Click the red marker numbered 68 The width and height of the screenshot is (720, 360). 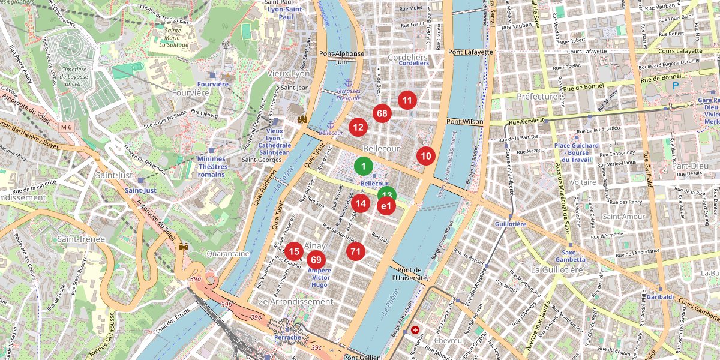(x=382, y=113)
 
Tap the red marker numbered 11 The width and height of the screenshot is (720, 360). (x=407, y=100)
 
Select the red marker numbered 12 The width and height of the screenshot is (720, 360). (x=358, y=127)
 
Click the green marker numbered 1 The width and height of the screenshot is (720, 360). (x=363, y=165)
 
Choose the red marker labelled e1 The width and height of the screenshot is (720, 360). (x=386, y=206)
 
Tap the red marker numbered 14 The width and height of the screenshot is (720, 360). (x=361, y=203)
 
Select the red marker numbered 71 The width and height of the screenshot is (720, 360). (x=356, y=251)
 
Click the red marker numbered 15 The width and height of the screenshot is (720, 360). (x=293, y=251)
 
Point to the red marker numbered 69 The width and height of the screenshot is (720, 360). (x=317, y=260)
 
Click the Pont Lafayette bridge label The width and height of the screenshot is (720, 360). (x=470, y=52)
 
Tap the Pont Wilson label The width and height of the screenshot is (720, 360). (x=464, y=121)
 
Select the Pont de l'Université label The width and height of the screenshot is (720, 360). (x=410, y=274)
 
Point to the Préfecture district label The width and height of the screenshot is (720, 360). (x=537, y=96)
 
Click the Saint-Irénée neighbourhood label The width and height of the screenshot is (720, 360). (x=81, y=239)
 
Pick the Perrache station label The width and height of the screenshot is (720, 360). (x=287, y=337)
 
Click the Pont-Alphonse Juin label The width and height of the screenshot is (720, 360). (x=341, y=57)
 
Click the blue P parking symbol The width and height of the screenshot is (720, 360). (x=676, y=86)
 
